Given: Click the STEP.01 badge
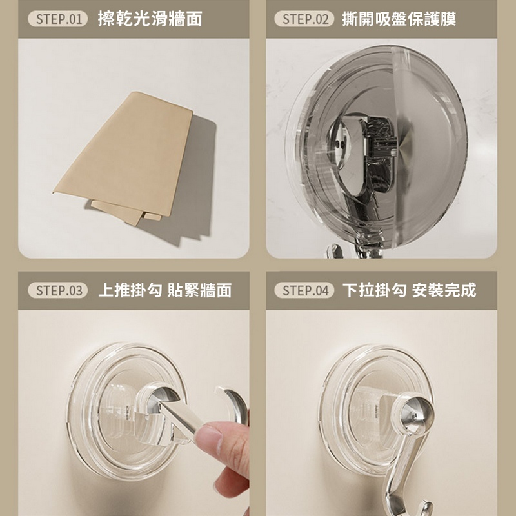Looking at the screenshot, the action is (x=58, y=19).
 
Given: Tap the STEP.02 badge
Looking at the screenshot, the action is (x=304, y=19).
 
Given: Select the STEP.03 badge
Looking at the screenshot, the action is (x=58, y=290).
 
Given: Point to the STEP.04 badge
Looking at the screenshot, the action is (x=304, y=290).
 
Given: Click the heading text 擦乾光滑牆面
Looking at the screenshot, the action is (x=150, y=19).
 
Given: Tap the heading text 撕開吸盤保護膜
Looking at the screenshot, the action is (x=399, y=19).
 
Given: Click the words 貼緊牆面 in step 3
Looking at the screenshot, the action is (x=200, y=290).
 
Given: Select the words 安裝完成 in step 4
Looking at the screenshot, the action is (x=444, y=290).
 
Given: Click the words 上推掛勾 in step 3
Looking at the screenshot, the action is (x=130, y=290).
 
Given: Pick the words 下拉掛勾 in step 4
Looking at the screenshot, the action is (x=375, y=290).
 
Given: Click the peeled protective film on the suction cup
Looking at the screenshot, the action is (x=428, y=144).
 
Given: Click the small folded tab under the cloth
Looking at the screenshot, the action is (x=152, y=216).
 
